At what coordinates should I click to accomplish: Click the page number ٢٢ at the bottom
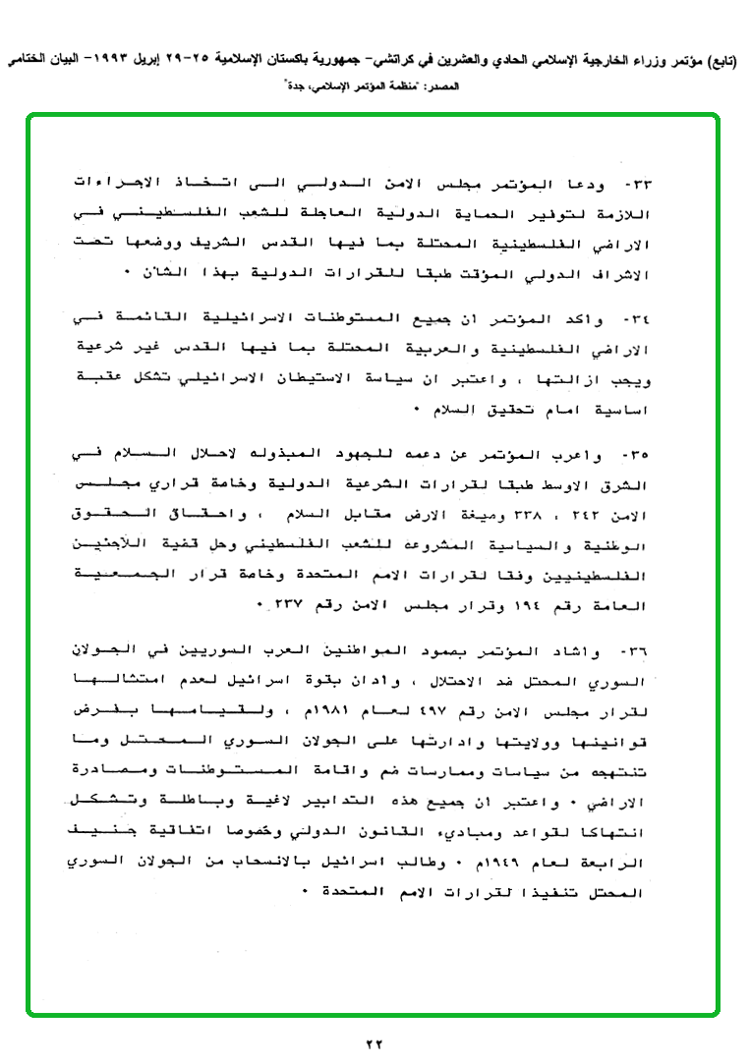[x=375, y=1042]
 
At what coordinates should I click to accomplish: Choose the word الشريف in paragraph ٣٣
[x=271, y=242]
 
